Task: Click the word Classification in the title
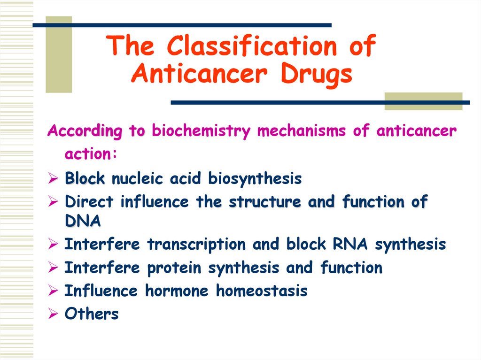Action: [x=251, y=46]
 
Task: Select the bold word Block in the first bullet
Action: [x=85, y=179]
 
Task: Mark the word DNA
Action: [x=83, y=221]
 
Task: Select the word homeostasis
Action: [x=262, y=291]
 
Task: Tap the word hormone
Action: [x=177, y=291]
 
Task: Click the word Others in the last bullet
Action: [x=92, y=314]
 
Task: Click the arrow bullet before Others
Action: [x=53, y=314]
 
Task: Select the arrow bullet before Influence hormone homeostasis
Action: [x=53, y=291]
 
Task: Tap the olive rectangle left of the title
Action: [x=59, y=54]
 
